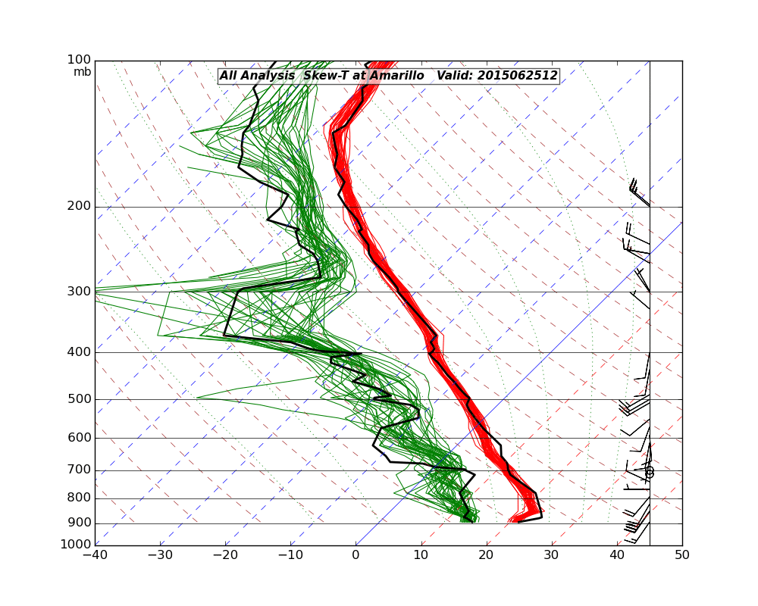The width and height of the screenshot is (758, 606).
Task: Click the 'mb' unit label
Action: pyautogui.click(x=82, y=72)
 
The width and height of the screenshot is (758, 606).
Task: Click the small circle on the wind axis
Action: pyautogui.click(x=650, y=472)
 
